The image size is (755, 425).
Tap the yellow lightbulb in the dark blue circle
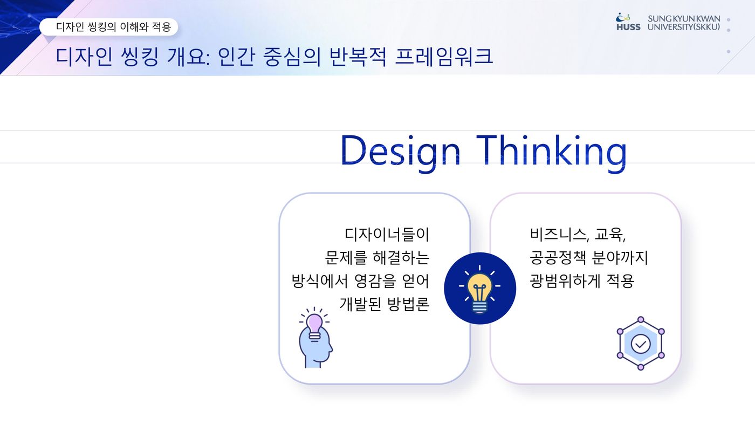click(479, 289)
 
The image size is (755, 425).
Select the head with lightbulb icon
click(315, 338)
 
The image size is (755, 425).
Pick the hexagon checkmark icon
click(641, 343)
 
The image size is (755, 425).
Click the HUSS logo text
click(628, 27)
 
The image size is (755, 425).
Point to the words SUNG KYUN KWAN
click(684, 18)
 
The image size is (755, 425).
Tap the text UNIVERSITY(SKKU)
click(684, 27)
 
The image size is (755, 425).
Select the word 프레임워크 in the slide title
click(444, 56)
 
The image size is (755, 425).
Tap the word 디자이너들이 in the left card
click(387, 234)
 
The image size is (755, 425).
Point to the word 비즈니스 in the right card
click(559, 234)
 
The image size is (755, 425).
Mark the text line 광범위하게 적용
click(582, 281)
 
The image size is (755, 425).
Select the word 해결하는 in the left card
click(401, 257)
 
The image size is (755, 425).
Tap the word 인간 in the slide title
click(236, 56)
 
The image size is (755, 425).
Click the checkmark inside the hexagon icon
click(641, 344)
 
